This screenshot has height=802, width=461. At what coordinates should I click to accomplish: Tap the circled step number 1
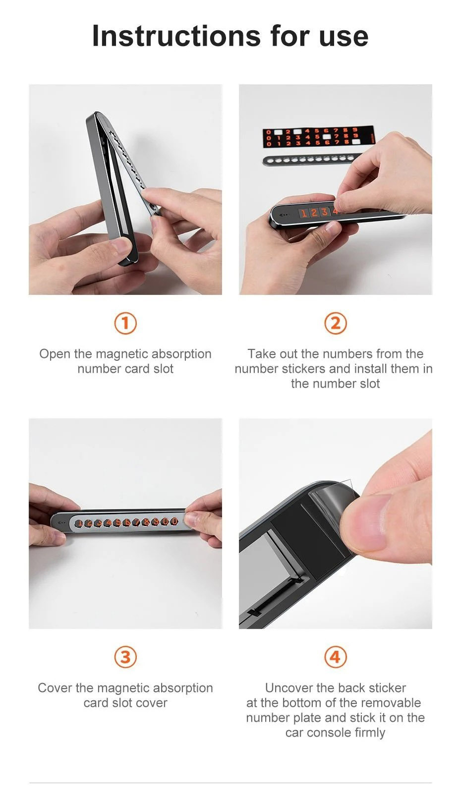point(125,323)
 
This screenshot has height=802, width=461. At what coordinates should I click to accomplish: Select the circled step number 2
point(336,323)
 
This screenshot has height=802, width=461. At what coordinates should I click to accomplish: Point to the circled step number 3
point(125,657)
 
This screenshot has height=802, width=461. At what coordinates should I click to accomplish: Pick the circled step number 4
point(336,657)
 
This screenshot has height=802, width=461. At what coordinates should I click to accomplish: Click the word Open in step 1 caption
point(55,354)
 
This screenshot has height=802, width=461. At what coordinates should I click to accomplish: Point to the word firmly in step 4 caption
point(369,733)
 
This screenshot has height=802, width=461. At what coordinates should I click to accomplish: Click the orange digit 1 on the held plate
point(304,214)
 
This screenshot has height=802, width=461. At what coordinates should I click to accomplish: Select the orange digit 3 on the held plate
point(325,212)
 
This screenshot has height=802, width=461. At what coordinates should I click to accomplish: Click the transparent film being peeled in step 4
point(333,501)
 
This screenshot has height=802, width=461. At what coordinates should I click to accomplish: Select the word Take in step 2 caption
point(262,354)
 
